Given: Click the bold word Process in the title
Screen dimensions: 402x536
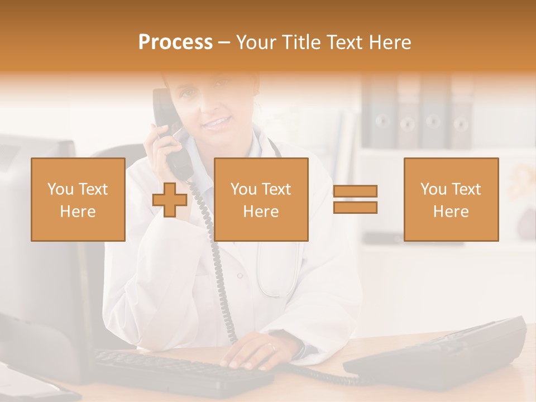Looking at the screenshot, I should coord(175,42).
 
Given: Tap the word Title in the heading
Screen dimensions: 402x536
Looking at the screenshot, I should coord(301,42).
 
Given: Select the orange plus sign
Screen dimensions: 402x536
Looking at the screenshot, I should coord(170,200).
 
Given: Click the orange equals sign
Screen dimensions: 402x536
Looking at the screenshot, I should coord(355,200).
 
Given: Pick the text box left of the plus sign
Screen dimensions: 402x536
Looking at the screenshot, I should coord(78,199).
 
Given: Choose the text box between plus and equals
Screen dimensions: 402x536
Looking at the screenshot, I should coord(261,199).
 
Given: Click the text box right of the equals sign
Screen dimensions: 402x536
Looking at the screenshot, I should coord(451,199).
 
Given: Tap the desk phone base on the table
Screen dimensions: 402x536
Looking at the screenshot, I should coord(441,352).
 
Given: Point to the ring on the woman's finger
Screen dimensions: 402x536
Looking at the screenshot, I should coord(271,346).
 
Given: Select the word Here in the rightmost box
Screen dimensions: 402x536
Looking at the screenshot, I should coord(451,212).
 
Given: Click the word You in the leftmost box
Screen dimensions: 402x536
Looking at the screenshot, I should coord(59,189).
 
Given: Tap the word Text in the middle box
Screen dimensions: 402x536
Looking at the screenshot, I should coord(276,189).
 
